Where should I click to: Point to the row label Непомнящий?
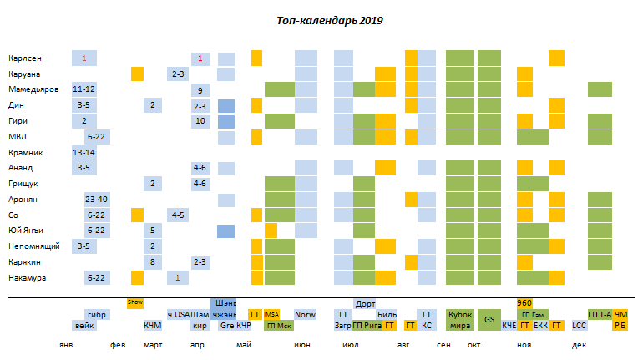click(x=33, y=246)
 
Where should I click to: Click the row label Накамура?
click(x=28, y=277)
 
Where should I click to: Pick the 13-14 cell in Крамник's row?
click(x=84, y=153)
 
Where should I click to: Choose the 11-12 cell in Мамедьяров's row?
click(x=84, y=89)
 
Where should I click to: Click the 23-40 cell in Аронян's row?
click(x=97, y=200)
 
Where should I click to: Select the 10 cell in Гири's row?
click(x=200, y=121)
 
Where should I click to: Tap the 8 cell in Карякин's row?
click(x=153, y=262)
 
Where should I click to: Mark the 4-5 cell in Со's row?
click(x=177, y=215)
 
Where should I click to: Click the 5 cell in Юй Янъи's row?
click(x=153, y=231)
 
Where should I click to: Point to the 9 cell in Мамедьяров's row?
click(x=200, y=89)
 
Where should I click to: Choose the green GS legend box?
click(x=489, y=319)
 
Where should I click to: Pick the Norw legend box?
click(x=306, y=315)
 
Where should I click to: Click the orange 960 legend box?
click(x=524, y=303)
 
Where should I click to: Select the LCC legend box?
click(x=579, y=326)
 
